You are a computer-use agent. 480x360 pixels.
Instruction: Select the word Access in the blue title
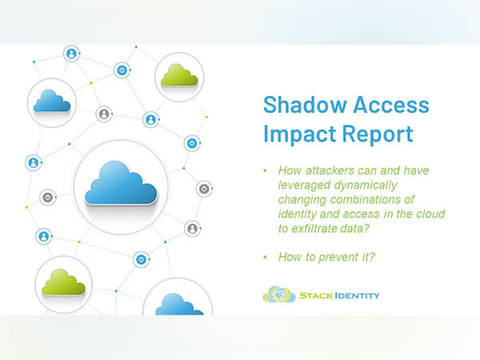pos(388,106)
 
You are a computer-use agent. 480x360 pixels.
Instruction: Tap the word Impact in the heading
pos(298,133)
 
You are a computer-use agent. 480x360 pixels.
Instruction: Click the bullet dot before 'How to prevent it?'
pos(266,258)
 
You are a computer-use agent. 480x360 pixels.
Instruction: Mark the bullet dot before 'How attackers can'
pos(266,170)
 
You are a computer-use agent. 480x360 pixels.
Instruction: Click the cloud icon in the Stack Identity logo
pos(278,295)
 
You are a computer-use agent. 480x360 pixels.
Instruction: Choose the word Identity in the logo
pos(358,296)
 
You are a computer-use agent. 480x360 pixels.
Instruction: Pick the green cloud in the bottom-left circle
pos(63,282)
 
